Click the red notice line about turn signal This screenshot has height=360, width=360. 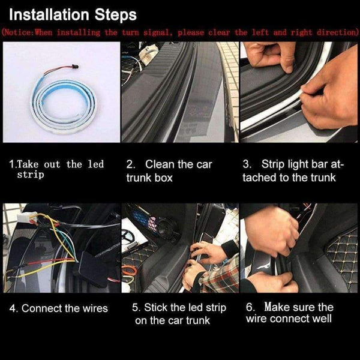(179, 32)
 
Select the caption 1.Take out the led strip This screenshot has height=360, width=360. (56, 169)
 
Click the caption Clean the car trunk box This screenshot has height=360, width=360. (169, 170)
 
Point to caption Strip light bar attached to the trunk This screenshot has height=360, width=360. (289, 170)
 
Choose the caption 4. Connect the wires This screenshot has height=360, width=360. (59, 308)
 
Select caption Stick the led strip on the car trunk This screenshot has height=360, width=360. (179, 314)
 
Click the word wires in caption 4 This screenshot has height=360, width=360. (94, 308)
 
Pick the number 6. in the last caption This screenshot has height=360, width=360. (251, 307)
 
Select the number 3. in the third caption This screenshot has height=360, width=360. (247, 164)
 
